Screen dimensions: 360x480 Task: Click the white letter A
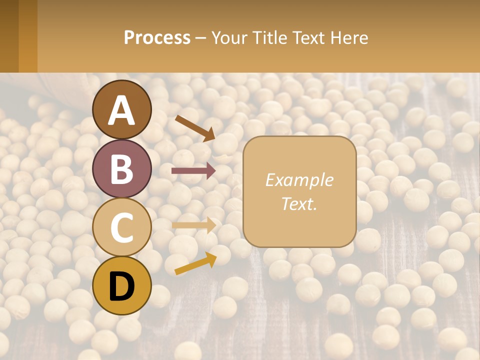122,110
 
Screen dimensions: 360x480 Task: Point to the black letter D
122,287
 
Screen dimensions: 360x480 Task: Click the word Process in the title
157,38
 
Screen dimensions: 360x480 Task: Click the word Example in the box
299,180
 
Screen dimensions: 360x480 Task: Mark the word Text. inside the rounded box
299,204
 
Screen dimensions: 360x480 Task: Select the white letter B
122,169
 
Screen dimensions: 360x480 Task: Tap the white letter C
122,228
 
